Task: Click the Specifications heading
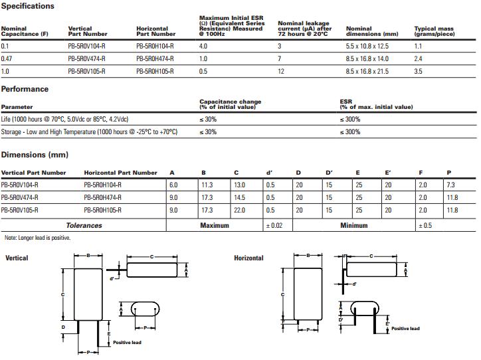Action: click(28, 6)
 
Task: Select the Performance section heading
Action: click(25, 89)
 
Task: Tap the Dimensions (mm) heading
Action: click(35, 155)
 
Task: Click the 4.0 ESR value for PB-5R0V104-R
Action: click(203, 46)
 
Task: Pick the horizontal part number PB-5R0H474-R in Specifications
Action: click(155, 58)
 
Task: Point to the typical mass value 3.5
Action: click(418, 70)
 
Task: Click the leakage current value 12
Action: click(281, 70)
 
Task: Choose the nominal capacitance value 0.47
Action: click(6, 58)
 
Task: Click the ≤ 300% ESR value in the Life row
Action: click(350, 119)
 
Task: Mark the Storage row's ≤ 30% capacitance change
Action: click(209, 132)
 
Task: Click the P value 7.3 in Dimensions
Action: click(451, 185)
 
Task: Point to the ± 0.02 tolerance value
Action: click(274, 225)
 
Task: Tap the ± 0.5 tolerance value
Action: click(425, 225)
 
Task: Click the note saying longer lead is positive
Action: click(37, 237)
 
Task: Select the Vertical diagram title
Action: click(17, 258)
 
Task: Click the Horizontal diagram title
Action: click(248, 258)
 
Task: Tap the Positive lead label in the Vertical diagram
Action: click(127, 342)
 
